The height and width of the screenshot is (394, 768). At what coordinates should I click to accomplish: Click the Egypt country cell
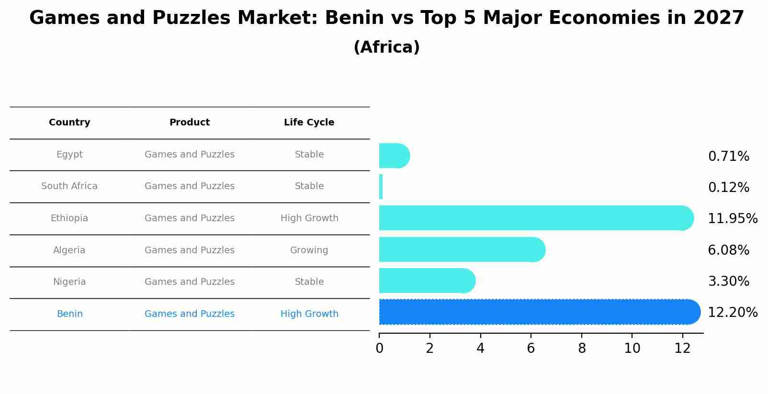(x=69, y=155)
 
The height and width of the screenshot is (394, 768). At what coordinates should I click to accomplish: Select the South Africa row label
(x=69, y=186)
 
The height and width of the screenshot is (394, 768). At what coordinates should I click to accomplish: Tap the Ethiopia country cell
(x=69, y=218)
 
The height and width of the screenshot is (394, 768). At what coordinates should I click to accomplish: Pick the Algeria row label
(x=69, y=250)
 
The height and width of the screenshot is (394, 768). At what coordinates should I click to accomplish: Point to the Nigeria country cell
(x=69, y=282)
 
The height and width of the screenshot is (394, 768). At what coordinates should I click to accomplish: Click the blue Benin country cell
(x=70, y=314)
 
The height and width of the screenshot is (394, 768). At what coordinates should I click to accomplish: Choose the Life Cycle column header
(x=309, y=123)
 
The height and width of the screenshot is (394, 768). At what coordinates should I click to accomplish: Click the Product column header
(x=190, y=123)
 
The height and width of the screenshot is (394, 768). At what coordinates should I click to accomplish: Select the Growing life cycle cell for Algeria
(x=309, y=250)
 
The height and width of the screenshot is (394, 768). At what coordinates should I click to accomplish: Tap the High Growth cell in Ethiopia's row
(x=309, y=218)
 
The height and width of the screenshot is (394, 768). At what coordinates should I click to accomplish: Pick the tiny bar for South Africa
(x=381, y=187)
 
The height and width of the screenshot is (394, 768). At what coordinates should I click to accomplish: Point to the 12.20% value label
(x=733, y=313)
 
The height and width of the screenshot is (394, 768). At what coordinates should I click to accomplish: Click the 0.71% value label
(x=728, y=157)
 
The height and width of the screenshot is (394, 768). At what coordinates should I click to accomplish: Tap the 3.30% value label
(x=728, y=281)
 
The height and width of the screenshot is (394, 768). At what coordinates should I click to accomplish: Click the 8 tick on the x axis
(x=582, y=349)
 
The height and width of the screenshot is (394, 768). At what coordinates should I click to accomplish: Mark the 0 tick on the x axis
(x=379, y=349)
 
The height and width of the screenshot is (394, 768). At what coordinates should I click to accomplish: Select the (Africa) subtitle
(x=386, y=47)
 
